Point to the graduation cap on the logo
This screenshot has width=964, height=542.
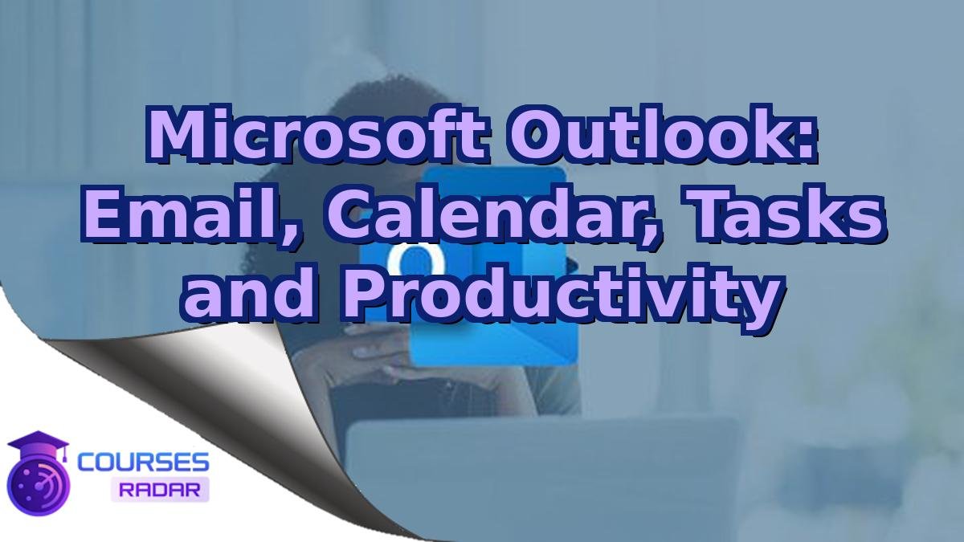(x=38, y=444)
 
